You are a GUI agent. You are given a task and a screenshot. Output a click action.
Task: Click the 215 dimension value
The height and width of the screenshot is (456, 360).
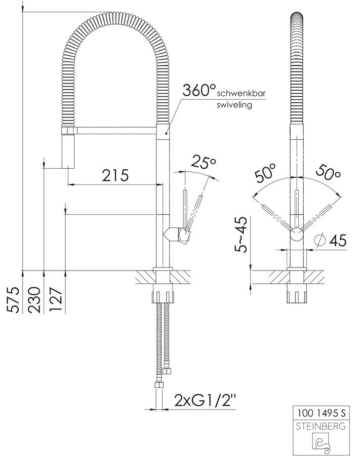click(x=115, y=175)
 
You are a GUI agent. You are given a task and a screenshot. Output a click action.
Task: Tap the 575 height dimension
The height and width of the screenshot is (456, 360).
click(x=14, y=299)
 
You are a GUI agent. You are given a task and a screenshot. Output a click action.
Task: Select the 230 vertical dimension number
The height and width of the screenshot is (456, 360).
click(x=34, y=299)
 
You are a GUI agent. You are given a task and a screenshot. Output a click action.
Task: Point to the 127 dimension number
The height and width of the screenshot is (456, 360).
click(x=56, y=299)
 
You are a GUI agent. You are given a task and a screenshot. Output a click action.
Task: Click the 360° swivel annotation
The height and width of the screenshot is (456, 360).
click(x=199, y=90)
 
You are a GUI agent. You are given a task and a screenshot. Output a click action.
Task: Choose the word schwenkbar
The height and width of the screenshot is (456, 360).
click(x=241, y=93)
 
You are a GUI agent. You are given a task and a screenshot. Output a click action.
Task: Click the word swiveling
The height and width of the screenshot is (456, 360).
click(x=234, y=105)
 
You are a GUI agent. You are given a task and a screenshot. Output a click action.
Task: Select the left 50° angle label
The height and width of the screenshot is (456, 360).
click(x=265, y=174)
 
